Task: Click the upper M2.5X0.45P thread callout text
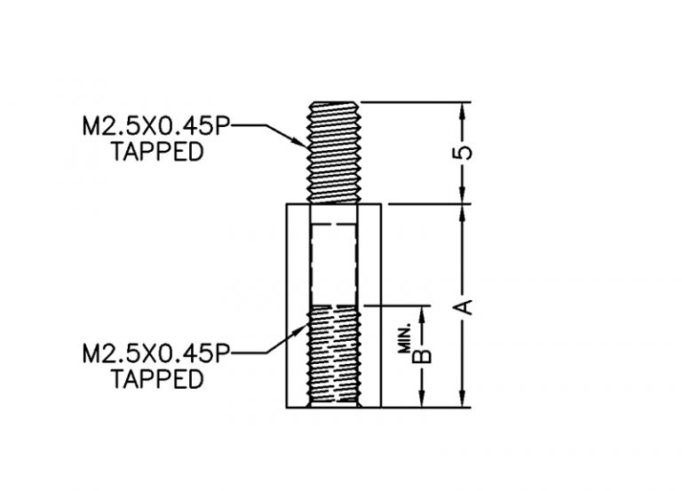click(155, 126)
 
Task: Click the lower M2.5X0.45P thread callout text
click(155, 353)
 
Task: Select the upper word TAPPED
click(157, 151)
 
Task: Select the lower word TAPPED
click(157, 379)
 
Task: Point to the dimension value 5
click(463, 153)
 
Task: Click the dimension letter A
click(463, 306)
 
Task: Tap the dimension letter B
click(422, 356)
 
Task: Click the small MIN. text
click(405, 338)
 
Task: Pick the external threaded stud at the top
click(333, 153)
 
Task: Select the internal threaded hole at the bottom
click(334, 356)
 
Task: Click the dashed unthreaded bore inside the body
click(334, 265)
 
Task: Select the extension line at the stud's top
click(416, 102)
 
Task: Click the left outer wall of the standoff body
click(287, 305)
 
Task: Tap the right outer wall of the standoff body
click(381, 305)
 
